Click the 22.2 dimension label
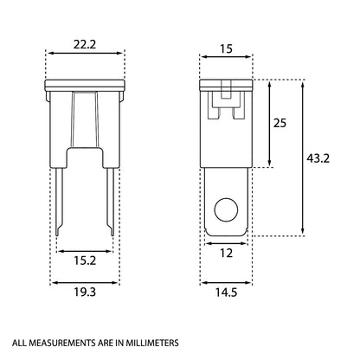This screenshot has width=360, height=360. click(x=85, y=45)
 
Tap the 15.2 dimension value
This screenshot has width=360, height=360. click(x=85, y=260)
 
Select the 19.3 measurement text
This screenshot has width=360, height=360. click(x=85, y=292)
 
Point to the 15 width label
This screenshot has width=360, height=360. click(x=226, y=49)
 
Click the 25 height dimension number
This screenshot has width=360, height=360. click(x=280, y=123)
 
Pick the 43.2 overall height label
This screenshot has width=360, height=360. click(x=318, y=158)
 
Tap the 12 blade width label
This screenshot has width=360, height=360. click(x=226, y=254)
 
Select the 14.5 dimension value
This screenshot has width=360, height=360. click(x=226, y=292)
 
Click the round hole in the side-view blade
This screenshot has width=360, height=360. click(x=226, y=210)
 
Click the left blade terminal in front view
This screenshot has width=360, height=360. click(x=59, y=202)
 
